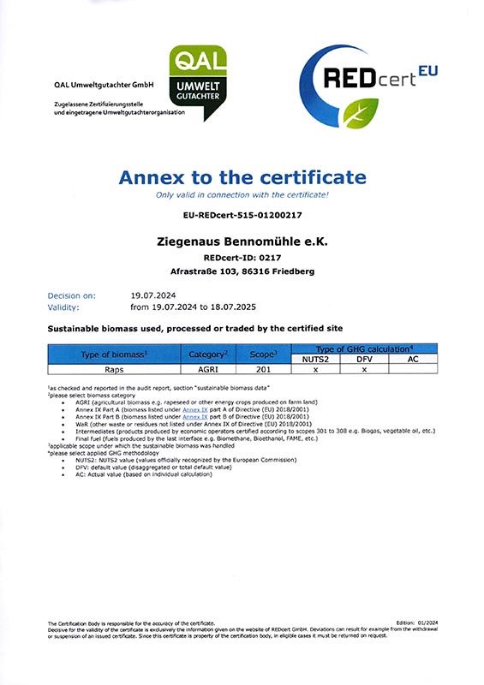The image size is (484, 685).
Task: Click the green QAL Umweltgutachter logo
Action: tap(199, 76)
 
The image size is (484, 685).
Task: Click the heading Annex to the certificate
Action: tap(242, 178)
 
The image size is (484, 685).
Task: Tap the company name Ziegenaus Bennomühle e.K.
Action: tap(242, 241)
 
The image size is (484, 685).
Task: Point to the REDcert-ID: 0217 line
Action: tap(242, 257)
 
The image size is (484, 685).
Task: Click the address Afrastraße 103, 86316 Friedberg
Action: tap(242, 271)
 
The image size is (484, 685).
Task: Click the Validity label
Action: tap(64, 306)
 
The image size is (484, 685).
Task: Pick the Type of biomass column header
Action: tap(115, 354)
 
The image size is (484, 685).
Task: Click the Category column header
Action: tap(206, 354)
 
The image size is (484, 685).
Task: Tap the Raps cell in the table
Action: tap(115, 371)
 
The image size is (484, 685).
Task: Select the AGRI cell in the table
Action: tap(206, 371)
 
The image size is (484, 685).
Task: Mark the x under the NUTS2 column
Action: tap(315, 371)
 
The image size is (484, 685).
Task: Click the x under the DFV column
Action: tap(363, 371)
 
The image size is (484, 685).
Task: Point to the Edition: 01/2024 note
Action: tap(416, 622)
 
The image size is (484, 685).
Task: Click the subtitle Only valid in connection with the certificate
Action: tap(242, 195)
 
